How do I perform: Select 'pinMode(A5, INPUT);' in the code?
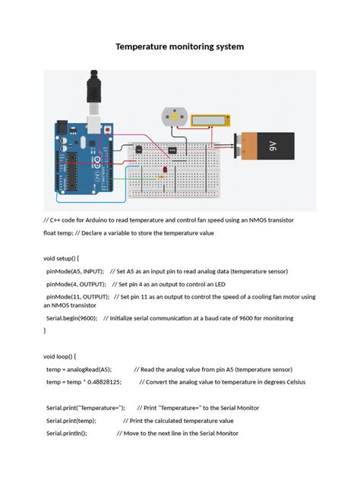pos(75,271)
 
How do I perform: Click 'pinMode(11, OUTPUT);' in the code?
pos(78,297)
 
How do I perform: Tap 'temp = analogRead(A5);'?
pos(79,369)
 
